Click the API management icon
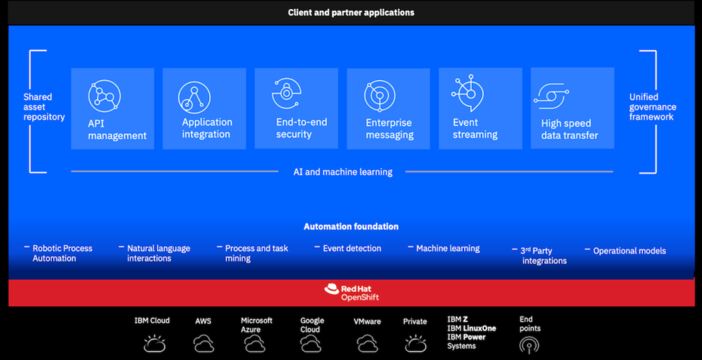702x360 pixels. pos(104,95)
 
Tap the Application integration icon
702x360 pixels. pos(194,96)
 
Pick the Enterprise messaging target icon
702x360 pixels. pos(379,96)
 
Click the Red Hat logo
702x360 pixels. pos(332,290)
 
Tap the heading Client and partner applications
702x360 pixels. pos(350,12)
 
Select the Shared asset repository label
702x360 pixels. pos(44,107)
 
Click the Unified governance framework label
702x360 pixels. pos(653,107)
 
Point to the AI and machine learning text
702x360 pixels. pos(338,172)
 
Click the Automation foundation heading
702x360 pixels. pos(351,226)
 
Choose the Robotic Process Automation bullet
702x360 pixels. pos(62,253)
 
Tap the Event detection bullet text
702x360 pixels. pos(352,248)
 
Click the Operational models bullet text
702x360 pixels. pos(629,251)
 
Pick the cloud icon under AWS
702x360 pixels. pos(204,343)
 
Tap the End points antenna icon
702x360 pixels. pos(529,344)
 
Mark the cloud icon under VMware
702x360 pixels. pos(367,343)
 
